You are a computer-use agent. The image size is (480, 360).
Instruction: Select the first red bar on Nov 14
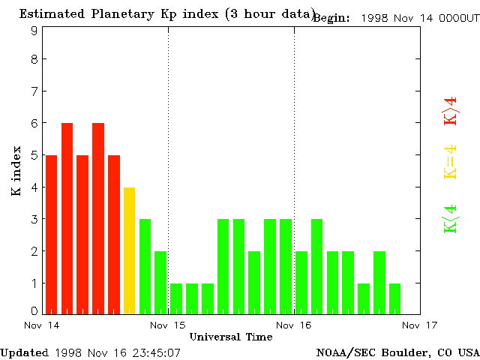point(51,234)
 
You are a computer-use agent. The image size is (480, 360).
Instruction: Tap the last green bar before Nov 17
point(394,298)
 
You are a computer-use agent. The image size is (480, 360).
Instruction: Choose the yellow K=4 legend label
point(450,162)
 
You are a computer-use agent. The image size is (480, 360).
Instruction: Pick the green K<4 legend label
point(450,219)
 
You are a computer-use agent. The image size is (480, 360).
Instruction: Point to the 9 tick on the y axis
point(34,30)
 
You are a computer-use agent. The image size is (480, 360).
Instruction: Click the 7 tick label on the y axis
point(34,91)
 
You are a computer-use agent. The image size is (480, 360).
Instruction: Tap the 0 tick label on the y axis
point(34,311)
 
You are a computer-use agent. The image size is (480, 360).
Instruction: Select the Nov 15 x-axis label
point(168,325)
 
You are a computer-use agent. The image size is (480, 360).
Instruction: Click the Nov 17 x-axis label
point(420,325)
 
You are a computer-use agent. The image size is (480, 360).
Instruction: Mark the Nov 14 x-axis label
point(42,325)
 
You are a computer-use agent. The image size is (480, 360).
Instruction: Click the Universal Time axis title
point(230,337)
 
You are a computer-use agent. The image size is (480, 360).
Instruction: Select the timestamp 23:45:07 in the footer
point(155,352)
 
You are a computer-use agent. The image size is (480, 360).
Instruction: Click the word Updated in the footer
point(24,352)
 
